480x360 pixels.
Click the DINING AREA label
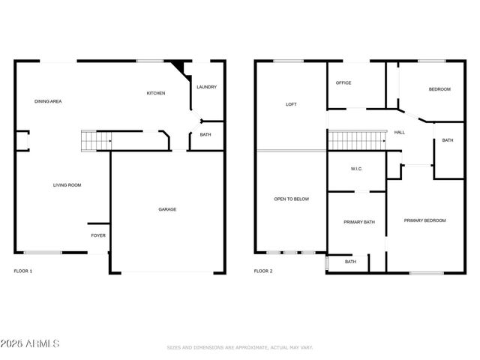[x=48, y=100]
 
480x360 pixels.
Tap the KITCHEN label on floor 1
[x=156, y=93]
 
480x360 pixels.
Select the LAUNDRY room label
[x=206, y=87]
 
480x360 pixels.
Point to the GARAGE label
[x=167, y=209]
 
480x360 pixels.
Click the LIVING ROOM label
[x=67, y=184]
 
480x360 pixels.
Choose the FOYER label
[x=98, y=235]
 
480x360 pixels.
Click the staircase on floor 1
[x=95, y=140]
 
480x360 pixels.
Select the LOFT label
[x=291, y=104]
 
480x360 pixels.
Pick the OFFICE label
[x=343, y=82]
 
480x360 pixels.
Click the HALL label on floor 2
[x=399, y=133]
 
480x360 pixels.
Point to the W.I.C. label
[x=356, y=169]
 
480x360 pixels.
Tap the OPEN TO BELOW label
[x=291, y=199]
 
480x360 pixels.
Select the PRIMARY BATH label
[x=356, y=222]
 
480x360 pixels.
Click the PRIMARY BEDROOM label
[x=424, y=220]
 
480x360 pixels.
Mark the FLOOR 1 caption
[x=23, y=271]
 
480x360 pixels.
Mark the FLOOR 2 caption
[x=263, y=271]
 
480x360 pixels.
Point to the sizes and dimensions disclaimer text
[x=239, y=347]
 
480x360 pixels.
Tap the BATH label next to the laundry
[x=205, y=135]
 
